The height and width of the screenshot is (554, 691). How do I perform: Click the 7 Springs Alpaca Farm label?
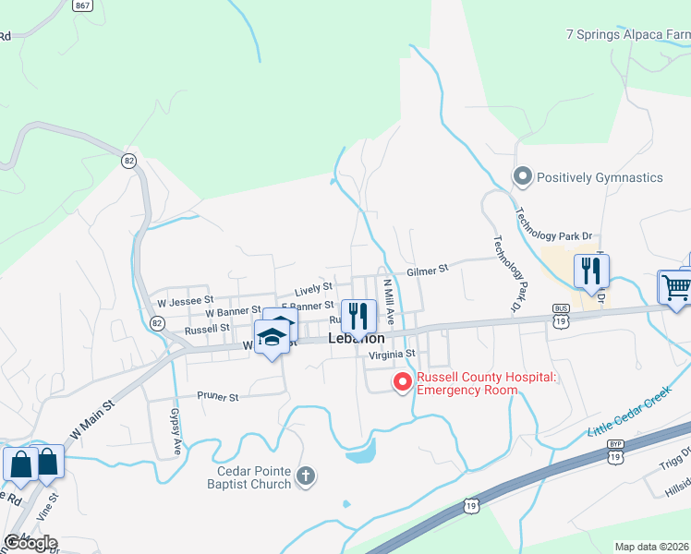click(x=628, y=35)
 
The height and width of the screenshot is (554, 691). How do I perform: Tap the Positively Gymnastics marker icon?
click(x=523, y=176)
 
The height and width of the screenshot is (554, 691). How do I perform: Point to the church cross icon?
click(x=307, y=477)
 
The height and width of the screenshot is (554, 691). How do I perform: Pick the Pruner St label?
click(x=217, y=396)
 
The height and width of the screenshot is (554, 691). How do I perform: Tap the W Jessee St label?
click(x=186, y=301)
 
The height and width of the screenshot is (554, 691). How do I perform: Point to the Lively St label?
click(x=314, y=289)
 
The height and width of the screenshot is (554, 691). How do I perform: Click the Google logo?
click(x=30, y=542)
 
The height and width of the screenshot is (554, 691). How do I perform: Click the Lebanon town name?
click(x=357, y=339)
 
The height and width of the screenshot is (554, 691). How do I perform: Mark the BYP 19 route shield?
click(x=615, y=450)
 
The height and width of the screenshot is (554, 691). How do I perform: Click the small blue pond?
click(x=361, y=452)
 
